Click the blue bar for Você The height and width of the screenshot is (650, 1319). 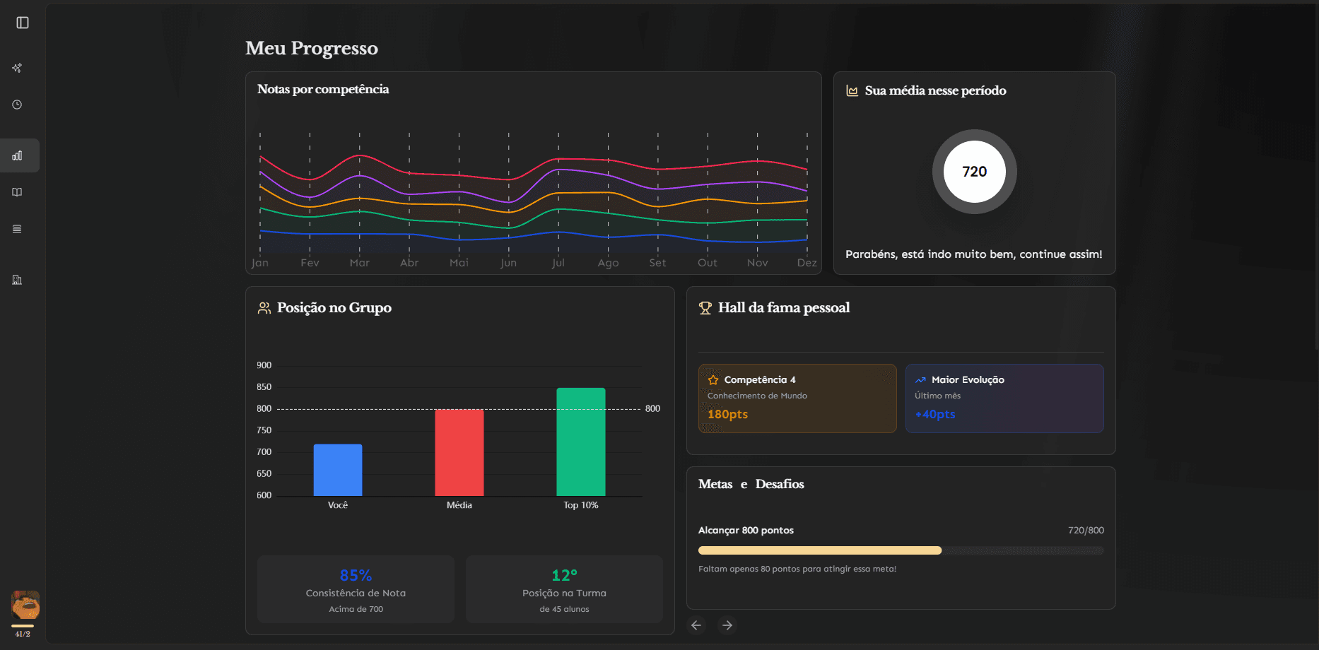tap(338, 470)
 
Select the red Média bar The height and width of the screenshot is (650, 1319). tap(459, 453)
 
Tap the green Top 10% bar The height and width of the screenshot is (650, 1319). tap(581, 442)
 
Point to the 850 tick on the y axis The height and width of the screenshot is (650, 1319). tap(264, 387)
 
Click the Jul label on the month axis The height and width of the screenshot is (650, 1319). tap(558, 263)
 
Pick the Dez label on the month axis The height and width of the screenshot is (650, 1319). tap(807, 263)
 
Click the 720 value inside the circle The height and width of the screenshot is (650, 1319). tap(975, 172)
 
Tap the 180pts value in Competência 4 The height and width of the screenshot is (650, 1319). tap(728, 414)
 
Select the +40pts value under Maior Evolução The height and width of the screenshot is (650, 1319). tap(935, 414)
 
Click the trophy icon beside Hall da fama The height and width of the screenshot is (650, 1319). tap(705, 308)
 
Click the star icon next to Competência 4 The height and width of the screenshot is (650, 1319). tap(713, 380)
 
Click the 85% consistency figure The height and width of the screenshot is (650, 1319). tap(356, 575)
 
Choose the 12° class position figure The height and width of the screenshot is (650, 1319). tap(565, 575)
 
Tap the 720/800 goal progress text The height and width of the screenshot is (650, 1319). tap(1086, 531)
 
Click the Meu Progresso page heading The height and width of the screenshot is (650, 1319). tap(312, 48)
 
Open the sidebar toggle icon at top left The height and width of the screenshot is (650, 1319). tap(23, 23)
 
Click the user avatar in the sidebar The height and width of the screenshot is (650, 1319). tap(25, 605)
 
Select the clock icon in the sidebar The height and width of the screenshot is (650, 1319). tap(17, 105)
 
